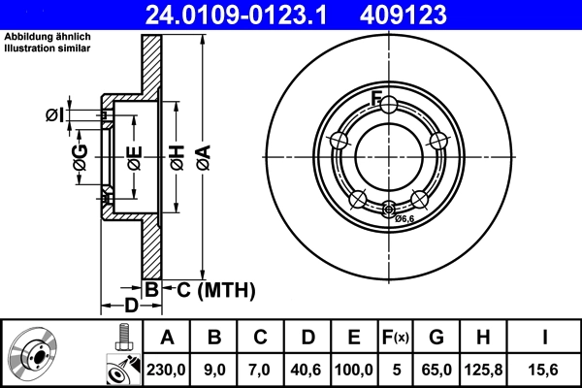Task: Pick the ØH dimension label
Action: [177, 156]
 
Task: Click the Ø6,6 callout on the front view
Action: [404, 219]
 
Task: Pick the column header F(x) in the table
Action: [399, 338]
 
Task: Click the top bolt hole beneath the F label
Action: [388, 105]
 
